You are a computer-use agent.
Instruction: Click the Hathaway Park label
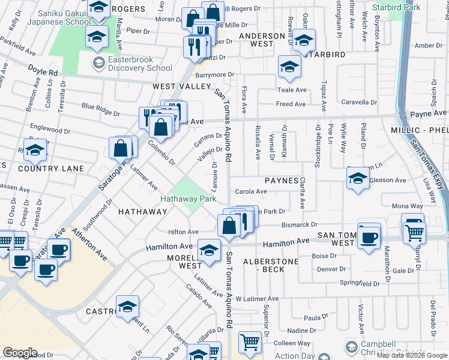[x=187, y=199]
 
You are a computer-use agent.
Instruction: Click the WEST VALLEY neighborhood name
[x=181, y=86]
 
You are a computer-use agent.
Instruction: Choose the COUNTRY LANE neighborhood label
[x=42, y=169]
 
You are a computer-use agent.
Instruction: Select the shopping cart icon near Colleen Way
[x=250, y=343]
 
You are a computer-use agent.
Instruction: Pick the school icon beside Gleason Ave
[x=358, y=178]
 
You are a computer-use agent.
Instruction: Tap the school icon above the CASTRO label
[x=127, y=307]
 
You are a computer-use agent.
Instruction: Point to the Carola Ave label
[x=251, y=192]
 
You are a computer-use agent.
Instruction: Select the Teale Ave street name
[x=292, y=90]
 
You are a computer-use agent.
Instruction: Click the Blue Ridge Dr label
[x=101, y=109]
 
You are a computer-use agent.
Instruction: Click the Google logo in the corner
[x=20, y=353]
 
